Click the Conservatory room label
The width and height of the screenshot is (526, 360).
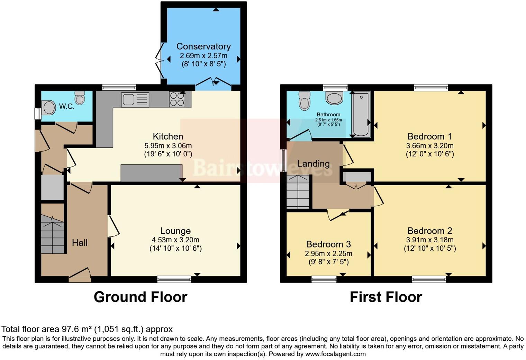[203, 46]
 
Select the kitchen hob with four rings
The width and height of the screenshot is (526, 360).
[177, 100]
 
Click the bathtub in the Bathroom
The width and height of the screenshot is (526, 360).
[361, 114]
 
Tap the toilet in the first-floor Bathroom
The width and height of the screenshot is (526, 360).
[305, 100]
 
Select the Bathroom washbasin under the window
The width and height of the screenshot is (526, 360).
[334, 98]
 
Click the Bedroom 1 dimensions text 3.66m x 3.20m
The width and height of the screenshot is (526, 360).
[430, 146]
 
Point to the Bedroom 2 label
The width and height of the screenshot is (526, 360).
[430, 231]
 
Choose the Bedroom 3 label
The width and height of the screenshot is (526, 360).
[328, 244]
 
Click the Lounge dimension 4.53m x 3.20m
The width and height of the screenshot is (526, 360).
[175, 240]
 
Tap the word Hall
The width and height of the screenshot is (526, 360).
[80, 243]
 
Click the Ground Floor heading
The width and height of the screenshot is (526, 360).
[140, 297]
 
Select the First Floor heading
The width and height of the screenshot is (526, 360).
[386, 297]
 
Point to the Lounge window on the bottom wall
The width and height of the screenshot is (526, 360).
[174, 279]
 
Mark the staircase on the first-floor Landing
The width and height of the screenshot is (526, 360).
[298, 192]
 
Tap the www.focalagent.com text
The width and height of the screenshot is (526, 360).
[335, 354]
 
